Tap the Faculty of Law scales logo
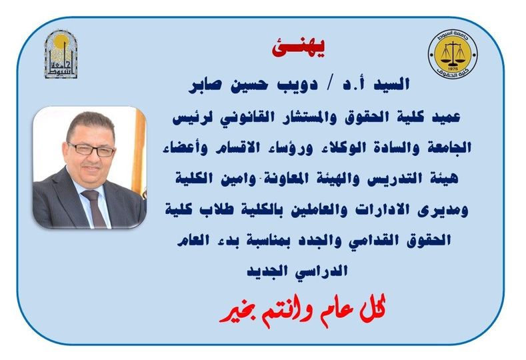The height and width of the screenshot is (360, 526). coord(453,55)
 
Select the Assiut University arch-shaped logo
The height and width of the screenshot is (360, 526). coord(61,54)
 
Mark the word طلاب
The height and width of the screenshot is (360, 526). coord(213,210)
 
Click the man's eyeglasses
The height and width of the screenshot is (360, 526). coord(91,149)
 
